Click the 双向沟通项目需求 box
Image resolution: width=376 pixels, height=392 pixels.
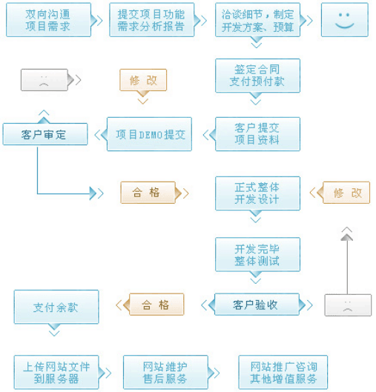click(x=48, y=20)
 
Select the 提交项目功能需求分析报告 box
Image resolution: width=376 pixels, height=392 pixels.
click(x=151, y=20)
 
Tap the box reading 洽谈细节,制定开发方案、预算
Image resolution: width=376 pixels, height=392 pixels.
click(x=257, y=20)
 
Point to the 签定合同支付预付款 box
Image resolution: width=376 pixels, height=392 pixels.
click(x=257, y=76)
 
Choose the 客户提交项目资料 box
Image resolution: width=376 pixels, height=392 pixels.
click(x=257, y=134)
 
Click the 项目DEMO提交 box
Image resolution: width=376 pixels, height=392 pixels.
click(x=150, y=134)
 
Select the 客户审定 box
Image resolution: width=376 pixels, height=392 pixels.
click(x=44, y=134)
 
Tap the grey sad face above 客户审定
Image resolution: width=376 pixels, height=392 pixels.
click(x=44, y=80)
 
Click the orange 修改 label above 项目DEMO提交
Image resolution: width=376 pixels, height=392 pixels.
click(x=143, y=80)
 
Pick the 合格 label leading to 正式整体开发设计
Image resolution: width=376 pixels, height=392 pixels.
click(x=148, y=193)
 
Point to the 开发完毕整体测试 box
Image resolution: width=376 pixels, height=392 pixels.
click(x=257, y=254)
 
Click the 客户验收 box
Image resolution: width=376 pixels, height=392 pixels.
click(x=256, y=305)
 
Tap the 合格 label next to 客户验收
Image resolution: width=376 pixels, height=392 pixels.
click(x=156, y=305)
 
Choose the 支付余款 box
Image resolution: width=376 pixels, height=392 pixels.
click(x=56, y=307)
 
